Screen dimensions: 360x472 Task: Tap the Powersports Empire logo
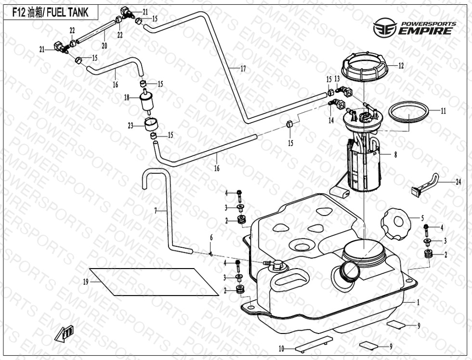click(x=413, y=28)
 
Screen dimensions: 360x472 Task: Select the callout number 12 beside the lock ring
click(x=401, y=65)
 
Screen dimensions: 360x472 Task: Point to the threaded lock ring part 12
click(x=365, y=69)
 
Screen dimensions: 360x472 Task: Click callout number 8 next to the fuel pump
click(x=395, y=155)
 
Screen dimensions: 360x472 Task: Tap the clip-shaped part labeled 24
click(x=426, y=184)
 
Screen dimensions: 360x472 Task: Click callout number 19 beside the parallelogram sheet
click(x=86, y=282)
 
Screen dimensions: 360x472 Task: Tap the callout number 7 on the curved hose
click(x=156, y=210)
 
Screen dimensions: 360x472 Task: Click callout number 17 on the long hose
click(x=243, y=69)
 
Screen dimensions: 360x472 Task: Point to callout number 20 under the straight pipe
click(x=104, y=46)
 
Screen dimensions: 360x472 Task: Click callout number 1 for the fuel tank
click(x=418, y=303)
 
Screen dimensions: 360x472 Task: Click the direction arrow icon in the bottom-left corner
click(x=64, y=333)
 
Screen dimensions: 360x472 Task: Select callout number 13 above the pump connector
click(x=337, y=78)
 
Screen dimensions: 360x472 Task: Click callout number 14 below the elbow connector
click(x=331, y=121)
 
